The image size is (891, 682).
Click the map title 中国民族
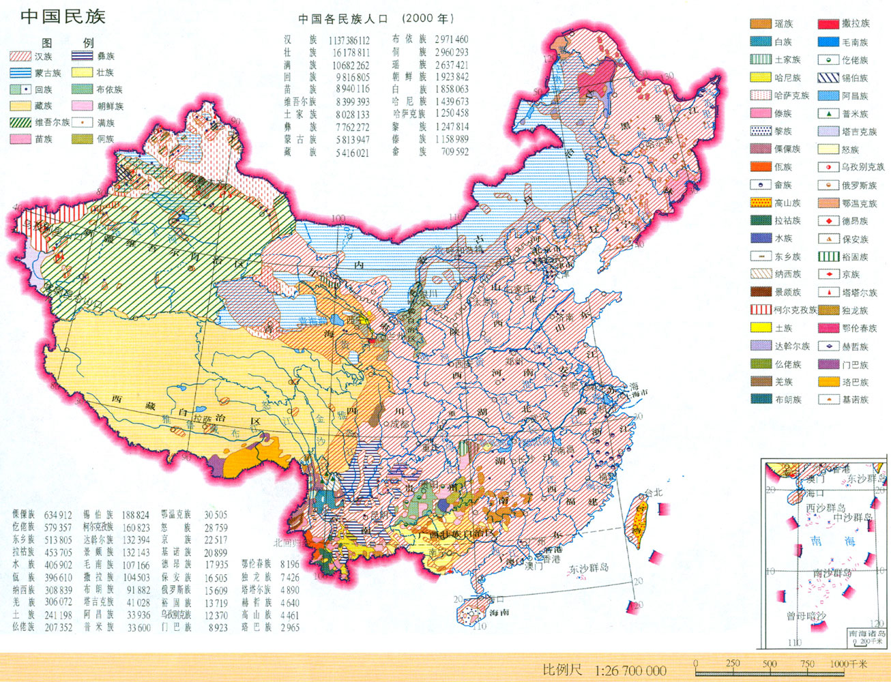pyautogui.click(x=62, y=16)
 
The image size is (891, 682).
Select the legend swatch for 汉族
pyautogui.click(x=20, y=57)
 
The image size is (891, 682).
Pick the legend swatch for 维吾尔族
pyautogui.click(x=20, y=123)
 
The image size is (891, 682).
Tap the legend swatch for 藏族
pyautogui.click(x=20, y=106)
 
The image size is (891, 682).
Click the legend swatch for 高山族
pyautogui.click(x=761, y=203)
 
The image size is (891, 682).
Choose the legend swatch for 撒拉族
pyautogui.click(x=828, y=24)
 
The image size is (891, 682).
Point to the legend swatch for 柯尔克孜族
pyautogui.click(x=761, y=310)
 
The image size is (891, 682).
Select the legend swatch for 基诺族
pyautogui.click(x=828, y=400)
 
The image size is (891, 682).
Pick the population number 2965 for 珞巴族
pyautogui.click(x=290, y=627)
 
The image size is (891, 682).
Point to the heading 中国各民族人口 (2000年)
pyautogui.click(x=375, y=19)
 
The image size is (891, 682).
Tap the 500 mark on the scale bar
pyautogui.click(x=770, y=663)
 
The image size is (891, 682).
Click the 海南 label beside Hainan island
pyautogui.click(x=499, y=612)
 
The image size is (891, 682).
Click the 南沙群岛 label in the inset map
pyautogui.click(x=832, y=573)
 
